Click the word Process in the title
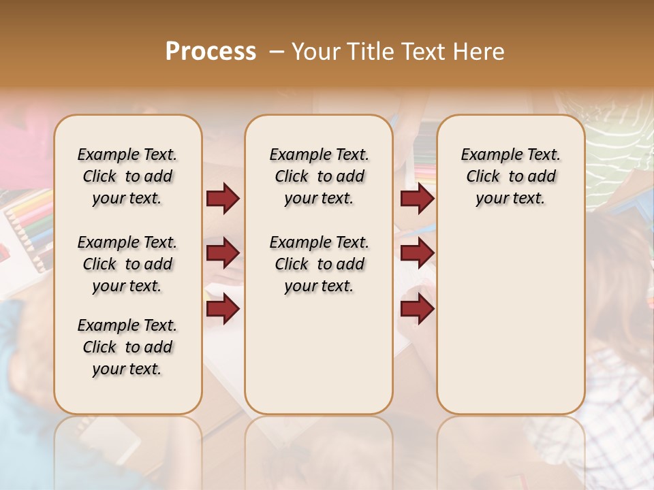click(x=211, y=52)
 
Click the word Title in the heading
click(x=369, y=52)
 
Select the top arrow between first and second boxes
click(x=223, y=199)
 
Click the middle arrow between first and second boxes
click(x=223, y=253)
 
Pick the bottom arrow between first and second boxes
click(x=223, y=308)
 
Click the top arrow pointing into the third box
click(x=417, y=199)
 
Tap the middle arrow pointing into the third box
click(x=417, y=253)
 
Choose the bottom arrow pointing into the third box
click(x=417, y=308)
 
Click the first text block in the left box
click(x=127, y=176)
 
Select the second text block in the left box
click(x=127, y=264)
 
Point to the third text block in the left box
click(x=127, y=347)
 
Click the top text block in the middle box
click(x=319, y=176)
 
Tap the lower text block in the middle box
click(x=319, y=264)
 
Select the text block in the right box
click(x=510, y=176)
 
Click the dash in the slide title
click(x=276, y=52)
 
